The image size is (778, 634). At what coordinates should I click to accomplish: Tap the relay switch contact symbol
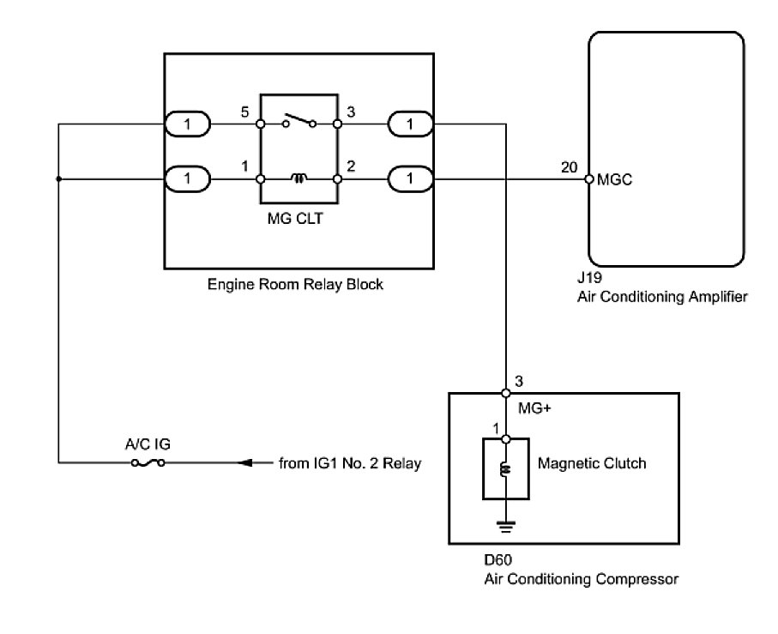[x=299, y=121]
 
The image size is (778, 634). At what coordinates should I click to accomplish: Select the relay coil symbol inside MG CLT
[x=299, y=178]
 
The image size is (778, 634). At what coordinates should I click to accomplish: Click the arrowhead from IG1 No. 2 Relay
[x=247, y=463]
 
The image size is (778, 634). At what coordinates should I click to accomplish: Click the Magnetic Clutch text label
[x=592, y=463]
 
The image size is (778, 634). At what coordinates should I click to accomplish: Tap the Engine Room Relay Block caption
[x=295, y=284]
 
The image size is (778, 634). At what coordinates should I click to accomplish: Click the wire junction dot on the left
[x=58, y=179]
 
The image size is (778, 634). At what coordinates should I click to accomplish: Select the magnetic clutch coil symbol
[x=507, y=469]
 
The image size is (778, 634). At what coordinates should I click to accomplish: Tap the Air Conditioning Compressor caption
[x=582, y=580]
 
